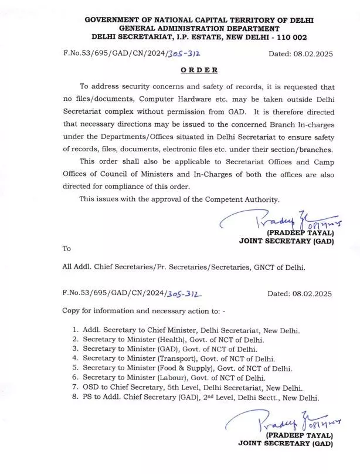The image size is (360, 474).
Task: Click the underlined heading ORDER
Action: click(x=199, y=70)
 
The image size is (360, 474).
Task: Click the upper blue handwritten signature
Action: click(x=276, y=221)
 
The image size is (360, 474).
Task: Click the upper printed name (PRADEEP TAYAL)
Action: click(x=299, y=232)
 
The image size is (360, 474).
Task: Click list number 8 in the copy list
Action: click(x=75, y=398)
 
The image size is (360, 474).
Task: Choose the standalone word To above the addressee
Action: click(x=67, y=248)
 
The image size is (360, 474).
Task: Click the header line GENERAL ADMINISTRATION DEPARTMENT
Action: click(x=199, y=28)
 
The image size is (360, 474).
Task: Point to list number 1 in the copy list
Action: click(x=75, y=330)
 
